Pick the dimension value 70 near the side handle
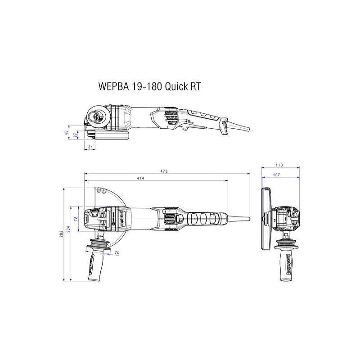pyautogui.click(x=117, y=254)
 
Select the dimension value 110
pyautogui.click(x=279, y=165)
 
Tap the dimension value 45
pyautogui.click(x=66, y=133)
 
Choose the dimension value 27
pyautogui.click(x=75, y=135)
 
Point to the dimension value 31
pyautogui.click(x=90, y=147)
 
